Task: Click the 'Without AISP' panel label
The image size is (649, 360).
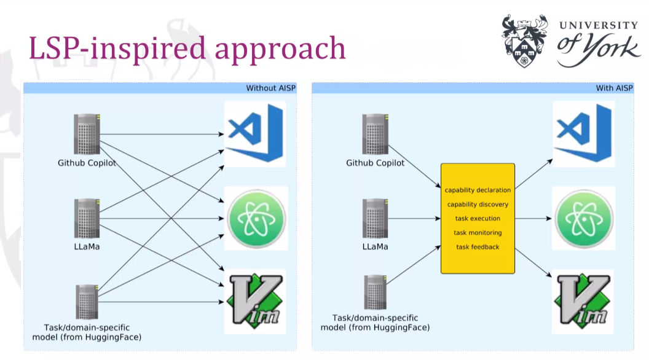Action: point(270,88)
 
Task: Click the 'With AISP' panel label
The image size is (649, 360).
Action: point(614,88)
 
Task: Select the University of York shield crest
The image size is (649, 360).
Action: point(525,41)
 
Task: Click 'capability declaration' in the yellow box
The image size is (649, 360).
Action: point(478,190)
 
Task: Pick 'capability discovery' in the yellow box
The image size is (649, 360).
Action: point(478,205)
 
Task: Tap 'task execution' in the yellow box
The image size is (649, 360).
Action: point(478,219)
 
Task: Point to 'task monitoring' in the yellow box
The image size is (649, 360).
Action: point(478,233)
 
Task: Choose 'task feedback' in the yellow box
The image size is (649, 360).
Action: point(478,247)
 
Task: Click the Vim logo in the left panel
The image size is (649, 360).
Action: point(256,301)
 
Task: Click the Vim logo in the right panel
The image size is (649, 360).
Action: point(583,301)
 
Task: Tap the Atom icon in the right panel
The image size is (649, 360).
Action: point(584,219)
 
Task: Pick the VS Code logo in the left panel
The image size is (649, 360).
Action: point(256,133)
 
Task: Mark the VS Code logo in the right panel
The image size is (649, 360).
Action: point(584,133)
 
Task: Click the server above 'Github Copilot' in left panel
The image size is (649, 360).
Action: point(87,134)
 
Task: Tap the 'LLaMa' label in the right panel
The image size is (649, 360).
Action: point(376,246)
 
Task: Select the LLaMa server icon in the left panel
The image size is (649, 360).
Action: point(87,219)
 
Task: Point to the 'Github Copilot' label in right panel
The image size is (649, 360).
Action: point(376,163)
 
